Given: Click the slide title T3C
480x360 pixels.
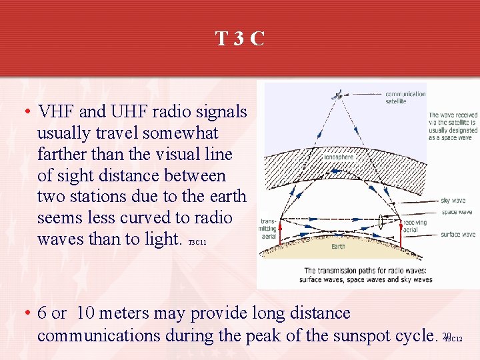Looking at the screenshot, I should coord(240,39).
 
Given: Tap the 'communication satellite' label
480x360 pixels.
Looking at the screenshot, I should coord(405,97).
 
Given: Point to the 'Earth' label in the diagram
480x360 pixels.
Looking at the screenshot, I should coord(339,246).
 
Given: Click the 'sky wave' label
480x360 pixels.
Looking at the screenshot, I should coord(453,200).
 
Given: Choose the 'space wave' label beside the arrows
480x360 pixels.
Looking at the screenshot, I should coord(457,212).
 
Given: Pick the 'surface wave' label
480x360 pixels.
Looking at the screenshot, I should coord(457,234).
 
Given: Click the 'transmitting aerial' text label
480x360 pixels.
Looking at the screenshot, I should coord(268,228).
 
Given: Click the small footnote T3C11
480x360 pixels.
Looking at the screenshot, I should coord(197,243).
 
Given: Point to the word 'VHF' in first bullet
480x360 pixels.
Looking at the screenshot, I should coord(58,111).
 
